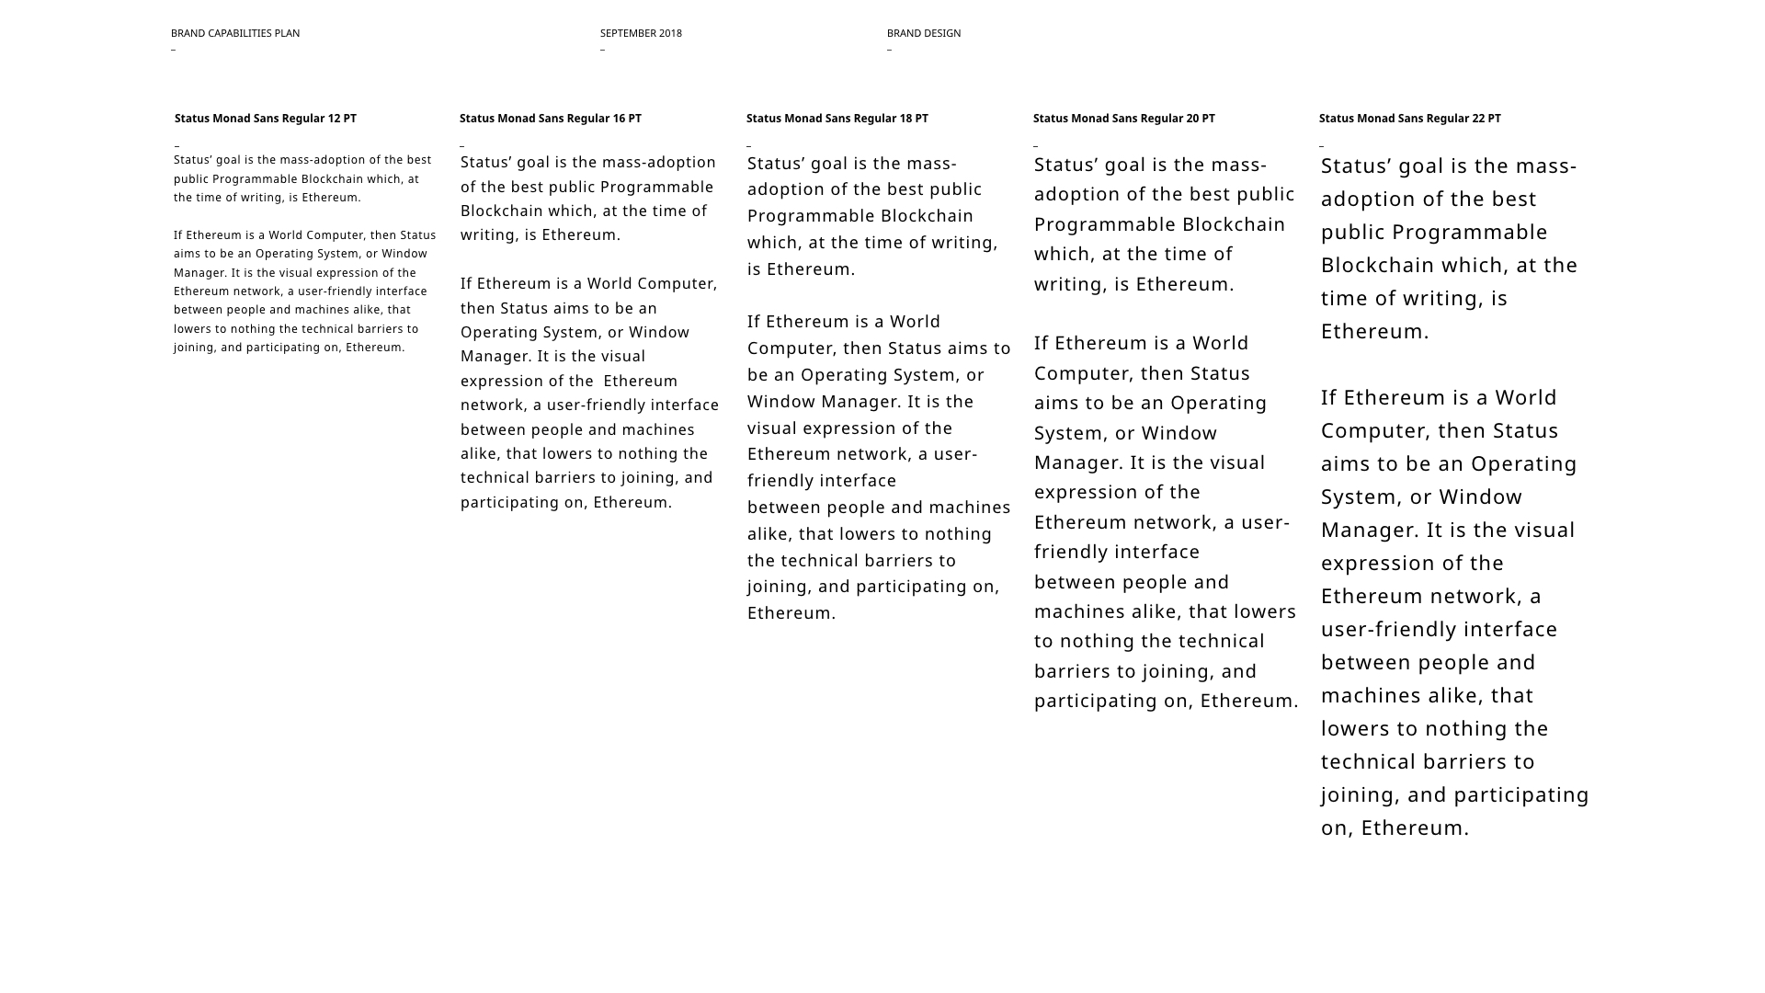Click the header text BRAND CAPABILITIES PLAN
235,33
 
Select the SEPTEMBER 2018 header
641,33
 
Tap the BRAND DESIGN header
924,33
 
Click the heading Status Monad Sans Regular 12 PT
266,119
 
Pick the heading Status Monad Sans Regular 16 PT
551,119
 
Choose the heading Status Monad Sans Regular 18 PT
837,119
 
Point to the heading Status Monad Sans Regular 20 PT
1124,119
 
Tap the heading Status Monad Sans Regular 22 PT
1410,119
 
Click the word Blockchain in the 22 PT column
1367,266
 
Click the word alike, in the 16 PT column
481,454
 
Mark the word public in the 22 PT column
1355,233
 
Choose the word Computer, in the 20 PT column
1084,373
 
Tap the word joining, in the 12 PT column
195,348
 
